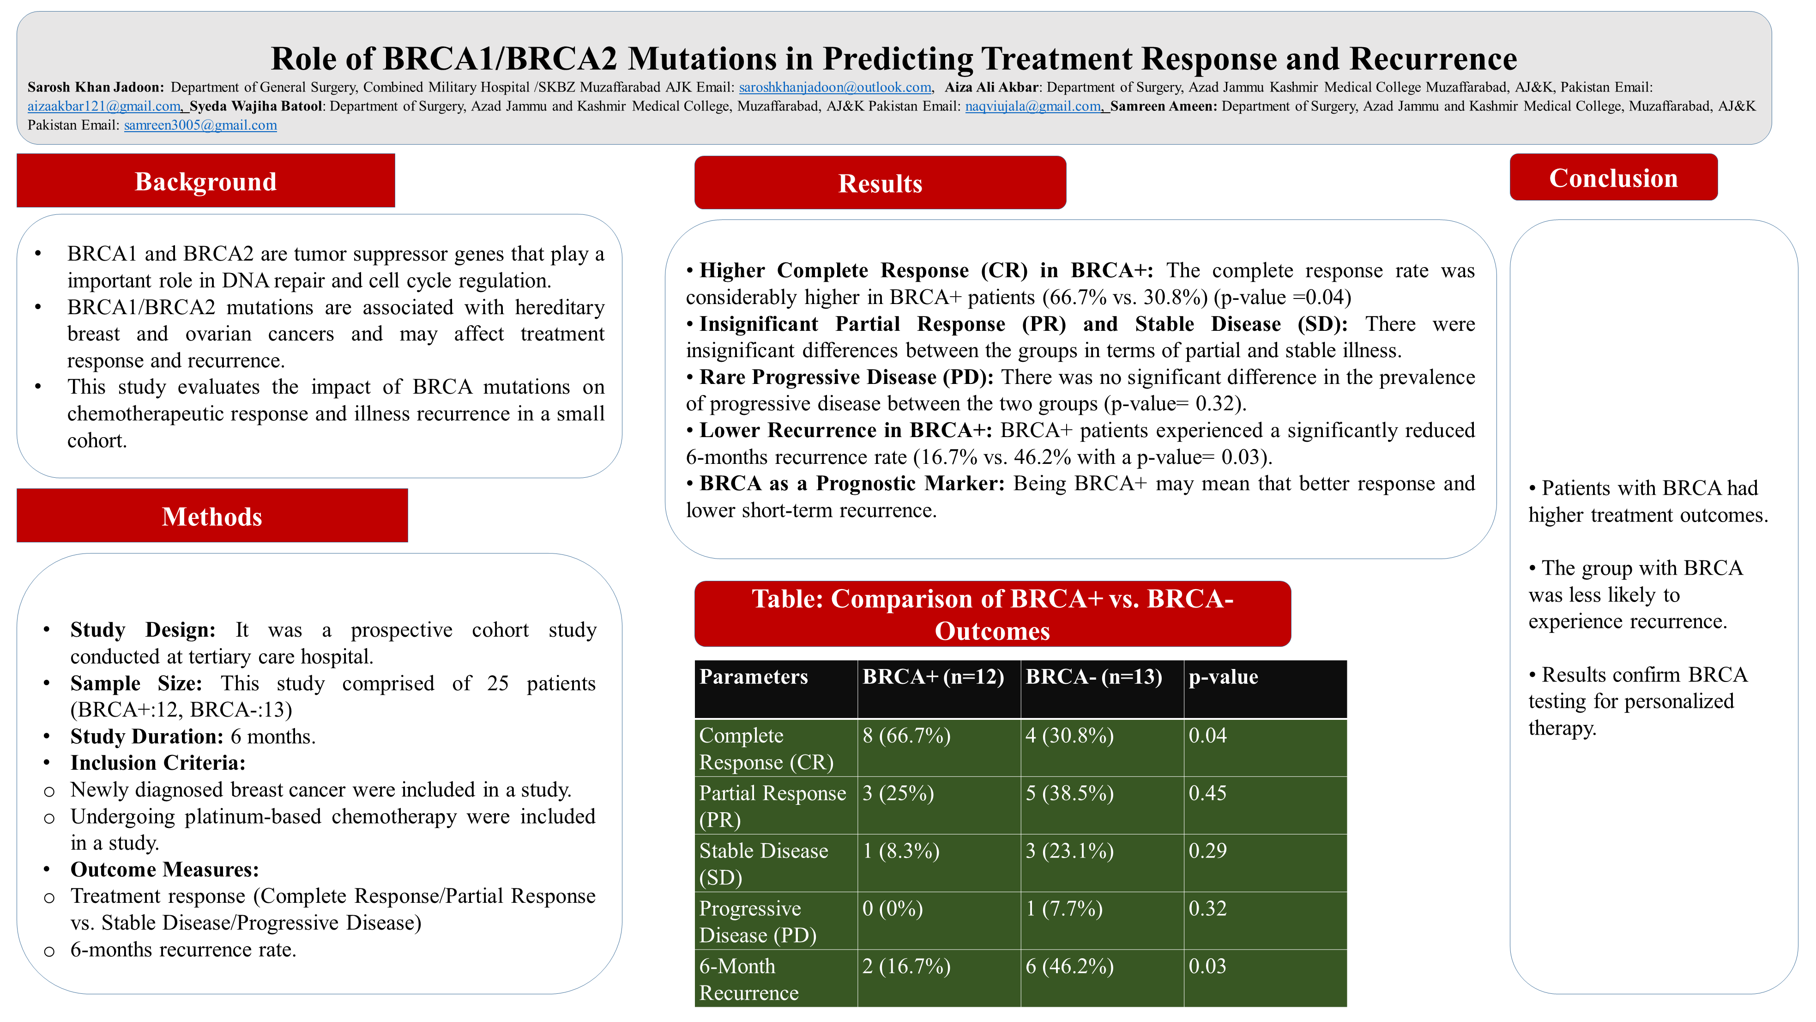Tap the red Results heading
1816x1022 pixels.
click(x=880, y=183)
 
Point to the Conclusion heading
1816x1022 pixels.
click(x=1613, y=178)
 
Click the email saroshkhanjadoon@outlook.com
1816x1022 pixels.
click(x=835, y=87)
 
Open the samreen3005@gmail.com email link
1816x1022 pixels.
click(x=200, y=126)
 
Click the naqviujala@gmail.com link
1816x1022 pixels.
click(x=1032, y=107)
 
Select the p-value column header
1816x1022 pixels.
click(x=1223, y=677)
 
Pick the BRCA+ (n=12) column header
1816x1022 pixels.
click(x=933, y=677)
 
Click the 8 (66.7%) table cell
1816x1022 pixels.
click(x=906, y=736)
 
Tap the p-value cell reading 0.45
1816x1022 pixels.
click(x=1207, y=793)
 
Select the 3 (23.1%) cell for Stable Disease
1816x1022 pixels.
click(x=1069, y=852)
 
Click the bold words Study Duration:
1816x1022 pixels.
click(x=147, y=736)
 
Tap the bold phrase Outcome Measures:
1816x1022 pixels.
click(x=164, y=870)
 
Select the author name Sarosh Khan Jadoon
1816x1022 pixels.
click(x=95, y=87)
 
